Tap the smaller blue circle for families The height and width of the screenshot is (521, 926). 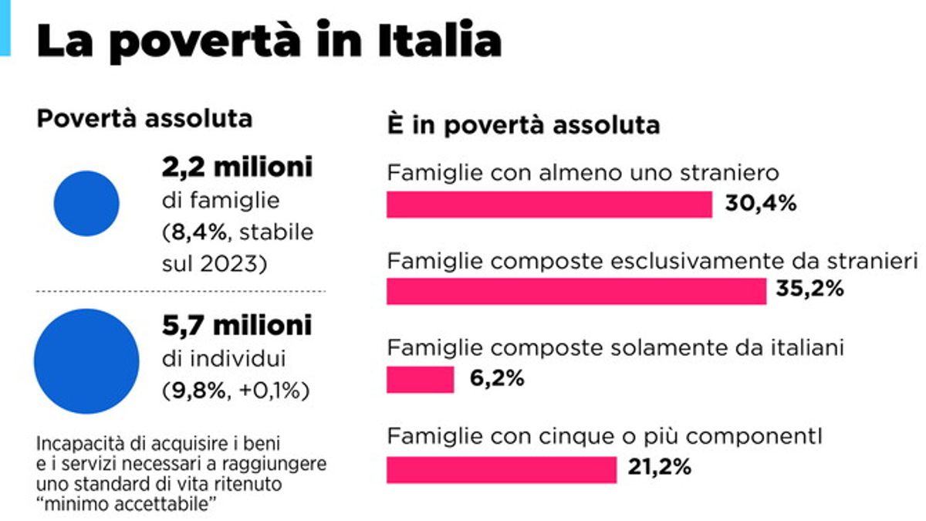pyautogui.click(x=86, y=204)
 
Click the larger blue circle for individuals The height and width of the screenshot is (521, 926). pyautogui.click(x=87, y=361)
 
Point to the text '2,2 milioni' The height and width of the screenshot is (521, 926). pyautogui.click(x=237, y=167)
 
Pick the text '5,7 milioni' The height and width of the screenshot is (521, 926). pyautogui.click(x=237, y=325)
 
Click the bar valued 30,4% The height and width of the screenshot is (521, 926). pyautogui.click(x=549, y=205)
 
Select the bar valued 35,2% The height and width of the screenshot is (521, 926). pyautogui.click(x=576, y=291)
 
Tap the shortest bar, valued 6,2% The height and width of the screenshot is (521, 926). pyautogui.click(x=420, y=379)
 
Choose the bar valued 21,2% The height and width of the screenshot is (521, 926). pyautogui.click(x=502, y=469)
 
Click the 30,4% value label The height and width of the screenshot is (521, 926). pyautogui.click(x=760, y=205)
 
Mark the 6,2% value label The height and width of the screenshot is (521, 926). pyautogui.click(x=497, y=379)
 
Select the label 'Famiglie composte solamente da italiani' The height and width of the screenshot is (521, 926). pyautogui.click(x=616, y=348)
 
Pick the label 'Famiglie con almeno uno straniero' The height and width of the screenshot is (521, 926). pyautogui.click(x=583, y=173)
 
